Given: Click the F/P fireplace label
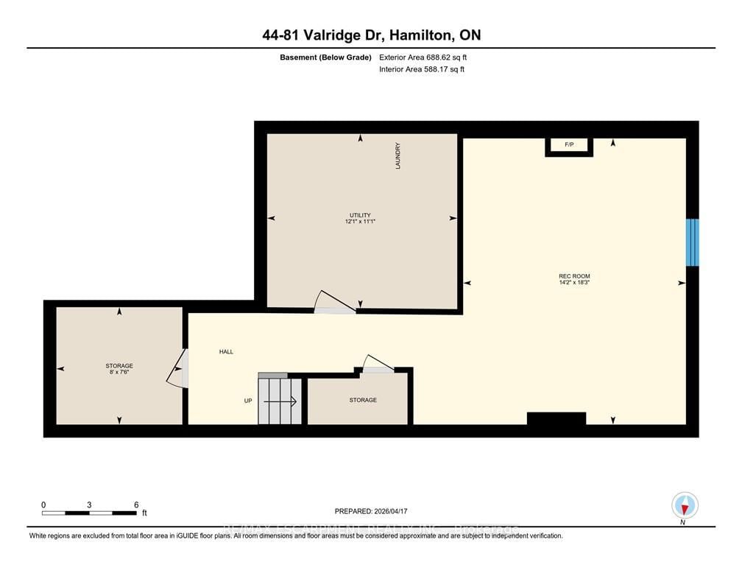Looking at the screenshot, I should coord(568,145).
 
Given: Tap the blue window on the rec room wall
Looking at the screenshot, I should coord(692,242).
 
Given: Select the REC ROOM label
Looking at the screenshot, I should coord(574,276).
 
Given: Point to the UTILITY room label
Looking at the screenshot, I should coord(360,215).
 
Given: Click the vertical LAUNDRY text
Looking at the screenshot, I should coord(397,156).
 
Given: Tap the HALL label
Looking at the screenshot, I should coord(226,352).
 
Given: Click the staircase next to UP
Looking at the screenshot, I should coord(280,401).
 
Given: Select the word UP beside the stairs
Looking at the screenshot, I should coord(249,401).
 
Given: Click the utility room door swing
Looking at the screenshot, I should coord(333,302).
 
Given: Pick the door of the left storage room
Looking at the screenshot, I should coord(177,368).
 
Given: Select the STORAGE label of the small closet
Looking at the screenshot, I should coord(363,400).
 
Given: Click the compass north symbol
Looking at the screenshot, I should coord(685,506).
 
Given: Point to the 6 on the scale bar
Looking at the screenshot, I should coord(136,505).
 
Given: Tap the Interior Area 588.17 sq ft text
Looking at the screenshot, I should coord(421,69).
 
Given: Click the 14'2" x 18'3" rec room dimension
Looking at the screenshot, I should coord(574,283).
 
